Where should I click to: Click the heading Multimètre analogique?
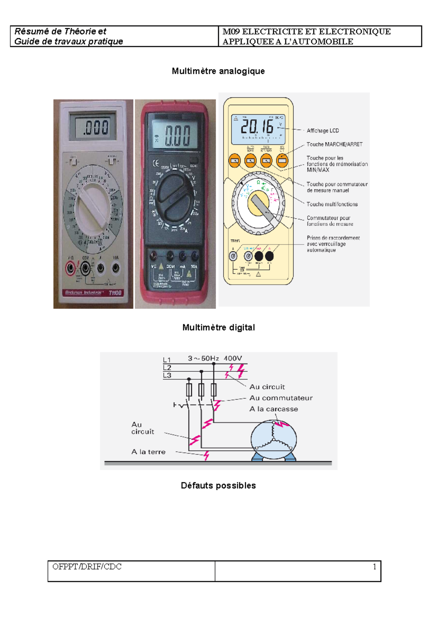(x=218, y=71)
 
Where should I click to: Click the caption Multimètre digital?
(x=219, y=328)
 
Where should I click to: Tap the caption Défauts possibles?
(x=218, y=486)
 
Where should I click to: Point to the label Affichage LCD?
(x=323, y=131)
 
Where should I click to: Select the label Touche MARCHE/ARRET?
(x=334, y=144)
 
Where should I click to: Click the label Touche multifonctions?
(x=332, y=205)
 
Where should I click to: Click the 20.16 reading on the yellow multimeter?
(x=257, y=127)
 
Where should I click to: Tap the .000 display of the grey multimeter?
(x=95, y=127)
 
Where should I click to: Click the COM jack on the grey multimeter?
(x=86, y=269)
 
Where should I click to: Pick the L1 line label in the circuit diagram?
(x=167, y=360)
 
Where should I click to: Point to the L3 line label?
(x=167, y=375)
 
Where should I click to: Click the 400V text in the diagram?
(x=232, y=358)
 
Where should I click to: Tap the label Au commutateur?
(x=281, y=398)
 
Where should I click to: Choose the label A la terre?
(x=148, y=452)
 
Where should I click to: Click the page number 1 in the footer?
(x=374, y=567)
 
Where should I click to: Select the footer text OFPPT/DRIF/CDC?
(x=87, y=567)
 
